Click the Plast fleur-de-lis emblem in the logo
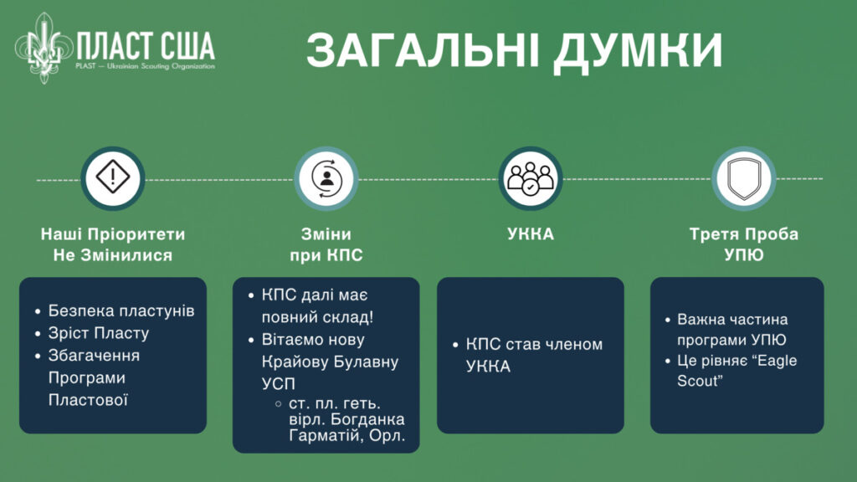click(44, 48)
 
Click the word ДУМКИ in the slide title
click(638, 50)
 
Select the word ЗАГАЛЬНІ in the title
click(423, 49)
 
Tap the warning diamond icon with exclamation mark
click(113, 177)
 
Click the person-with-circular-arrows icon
click(326, 178)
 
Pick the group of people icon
click(530, 178)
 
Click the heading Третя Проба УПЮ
click(744, 244)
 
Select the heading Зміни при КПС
click(326, 244)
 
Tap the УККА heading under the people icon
click(530, 234)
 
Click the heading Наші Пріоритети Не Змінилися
click(113, 244)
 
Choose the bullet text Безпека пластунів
click(121, 310)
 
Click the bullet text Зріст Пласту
click(99, 333)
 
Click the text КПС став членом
click(534, 344)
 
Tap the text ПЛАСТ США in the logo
click(146, 45)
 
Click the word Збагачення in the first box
click(94, 355)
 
